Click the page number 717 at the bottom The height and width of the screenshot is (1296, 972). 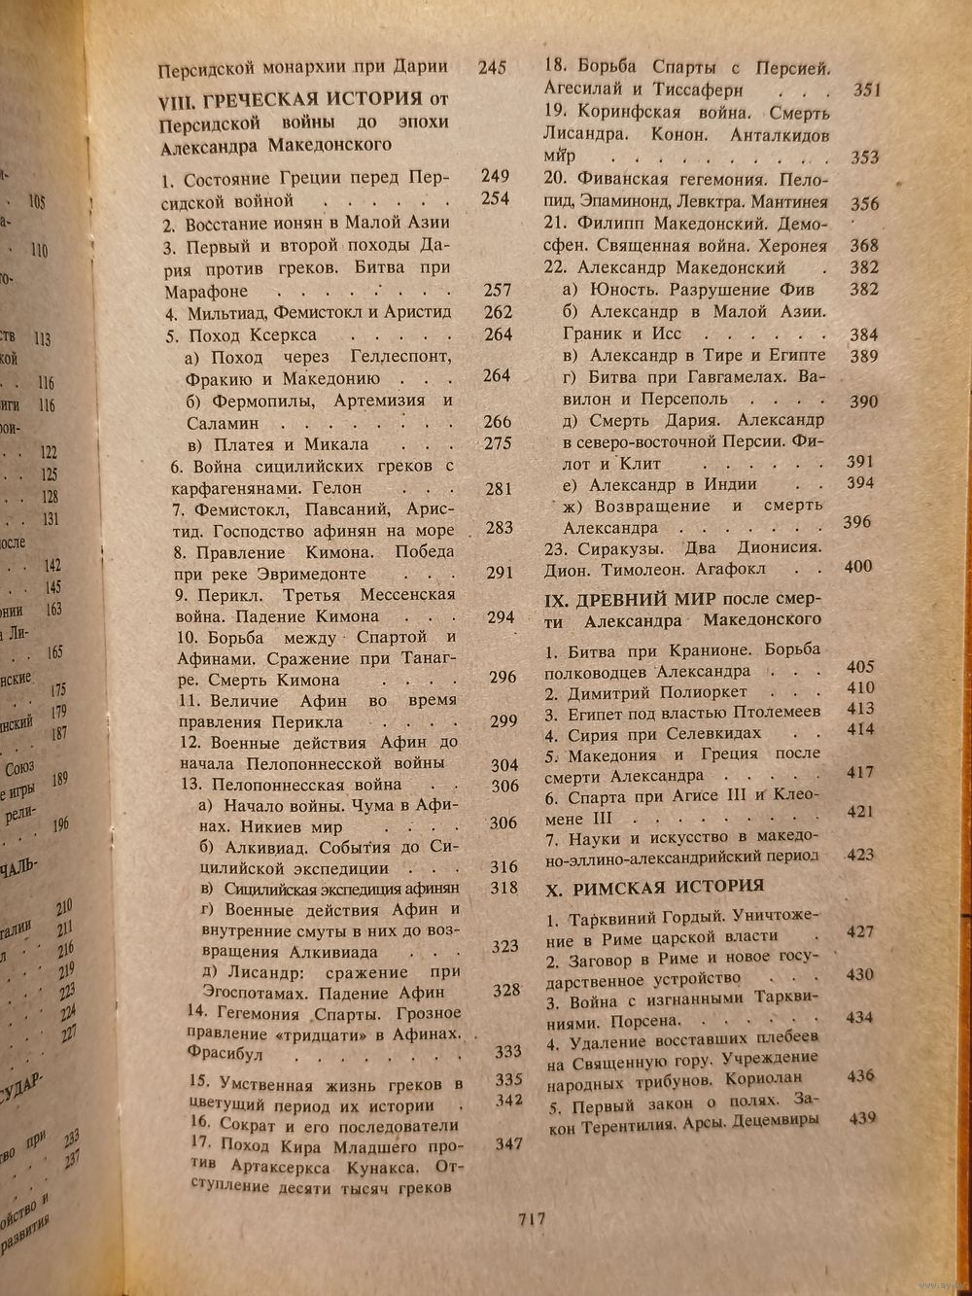point(532,1221)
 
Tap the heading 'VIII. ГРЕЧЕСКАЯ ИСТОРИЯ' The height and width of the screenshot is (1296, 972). point(290,99)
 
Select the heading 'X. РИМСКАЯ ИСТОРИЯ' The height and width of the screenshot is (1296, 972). point(654,887)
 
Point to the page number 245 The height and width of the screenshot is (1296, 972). point(493,68)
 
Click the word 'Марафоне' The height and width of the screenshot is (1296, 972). point(205,292)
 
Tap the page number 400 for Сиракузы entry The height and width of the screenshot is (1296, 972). point(858,566)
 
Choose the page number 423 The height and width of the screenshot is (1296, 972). point(859,856)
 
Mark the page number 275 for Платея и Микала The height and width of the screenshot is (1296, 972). point(497,444)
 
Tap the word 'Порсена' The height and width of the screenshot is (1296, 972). point(645,1022)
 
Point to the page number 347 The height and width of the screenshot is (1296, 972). point(508,1145)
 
